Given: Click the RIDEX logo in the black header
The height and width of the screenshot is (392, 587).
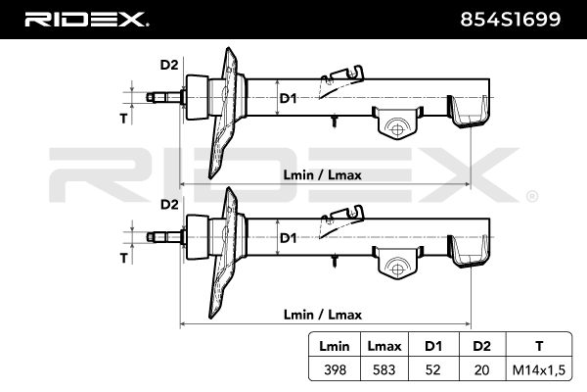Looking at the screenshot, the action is click(x=86, y=20).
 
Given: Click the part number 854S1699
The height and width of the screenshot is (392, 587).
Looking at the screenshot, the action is click(x=511, y=20).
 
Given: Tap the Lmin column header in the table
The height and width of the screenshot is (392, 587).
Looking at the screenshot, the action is click(x=335, y=346).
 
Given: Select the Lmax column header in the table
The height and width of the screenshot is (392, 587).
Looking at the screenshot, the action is click(x=384, y=346).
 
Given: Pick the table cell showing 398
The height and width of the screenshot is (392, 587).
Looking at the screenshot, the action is click(x=335, y=369).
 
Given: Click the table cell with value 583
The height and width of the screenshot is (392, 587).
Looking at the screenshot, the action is click(x=384, y=369).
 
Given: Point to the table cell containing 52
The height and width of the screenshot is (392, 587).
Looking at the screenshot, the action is click(x=433, y=369).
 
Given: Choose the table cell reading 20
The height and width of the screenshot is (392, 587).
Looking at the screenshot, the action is click(x=481, y=369).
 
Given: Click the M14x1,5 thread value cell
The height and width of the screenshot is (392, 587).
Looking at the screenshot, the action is click(x=539, y=369).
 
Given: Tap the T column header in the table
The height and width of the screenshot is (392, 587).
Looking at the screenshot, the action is click(x=539, y=346).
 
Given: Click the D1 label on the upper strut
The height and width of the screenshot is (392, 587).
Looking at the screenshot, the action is click(x=288, y=98).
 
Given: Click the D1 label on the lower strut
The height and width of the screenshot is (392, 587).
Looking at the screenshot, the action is click(x=288, y=238).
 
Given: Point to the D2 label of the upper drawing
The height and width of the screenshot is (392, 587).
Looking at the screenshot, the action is click(x=169, y=65).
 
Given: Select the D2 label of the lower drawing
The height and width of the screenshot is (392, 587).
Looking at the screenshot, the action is click(x=169, y=205).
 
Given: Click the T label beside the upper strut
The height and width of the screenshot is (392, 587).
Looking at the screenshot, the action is click(x=124, y=119).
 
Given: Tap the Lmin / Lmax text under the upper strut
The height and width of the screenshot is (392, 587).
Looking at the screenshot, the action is click(x=322, y=174).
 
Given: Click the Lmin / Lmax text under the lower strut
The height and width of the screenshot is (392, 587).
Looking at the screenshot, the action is click(x=322, y=315).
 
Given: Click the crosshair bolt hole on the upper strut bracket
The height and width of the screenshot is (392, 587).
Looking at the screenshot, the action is click(x=397, y=129).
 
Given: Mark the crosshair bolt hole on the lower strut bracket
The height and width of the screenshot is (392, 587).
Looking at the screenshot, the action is click(x=397, y=269).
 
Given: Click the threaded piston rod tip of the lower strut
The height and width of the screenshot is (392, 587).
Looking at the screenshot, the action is click(x=151, y=237).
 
